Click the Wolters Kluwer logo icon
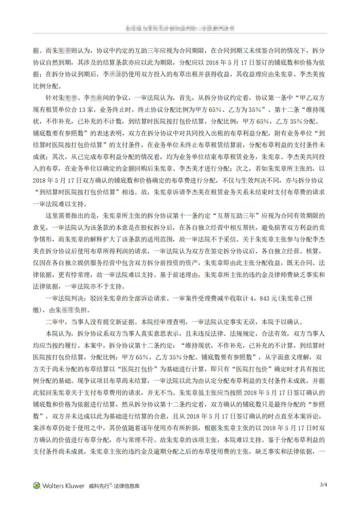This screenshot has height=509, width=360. (x=36, y=485)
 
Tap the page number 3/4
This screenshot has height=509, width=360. (x=324, y=485)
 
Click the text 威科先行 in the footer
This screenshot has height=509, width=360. (x=99, y=486)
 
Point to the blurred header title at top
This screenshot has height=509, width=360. (x=180, y=26)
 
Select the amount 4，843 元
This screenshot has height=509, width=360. (x=246, y=297)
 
